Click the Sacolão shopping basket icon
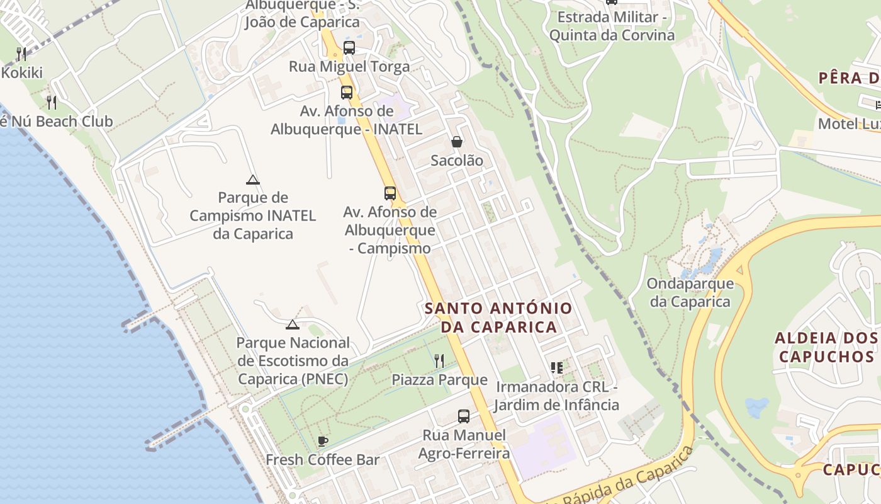(x=457, y=142)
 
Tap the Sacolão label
(x=457, y=161)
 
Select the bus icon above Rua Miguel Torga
(x=349, y=48)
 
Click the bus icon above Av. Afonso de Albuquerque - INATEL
(x=346, y=93)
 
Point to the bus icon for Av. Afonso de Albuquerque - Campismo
(x=390, y=193)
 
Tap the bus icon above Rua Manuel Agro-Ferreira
(x=464, y=416)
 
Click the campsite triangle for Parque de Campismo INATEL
(x=253, y=180)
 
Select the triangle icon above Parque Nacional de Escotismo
(x=292, y=325)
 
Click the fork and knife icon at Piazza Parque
(x=439, y=361)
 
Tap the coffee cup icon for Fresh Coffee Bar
(x=323, y=441)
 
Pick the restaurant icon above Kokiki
(x=21, y=54)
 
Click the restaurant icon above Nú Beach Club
(x=52, y=102)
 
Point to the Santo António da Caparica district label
(x=498, y=318)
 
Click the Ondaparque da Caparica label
(x=690, y=292)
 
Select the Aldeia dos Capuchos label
(x=825, y=347)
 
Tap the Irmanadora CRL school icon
(x=556, y=367)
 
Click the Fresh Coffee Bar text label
(x=323, y=460)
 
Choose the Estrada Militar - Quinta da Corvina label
(x=612, y=26)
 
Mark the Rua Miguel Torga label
(x=349, y=67)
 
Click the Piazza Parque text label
(x=439, y=380)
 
